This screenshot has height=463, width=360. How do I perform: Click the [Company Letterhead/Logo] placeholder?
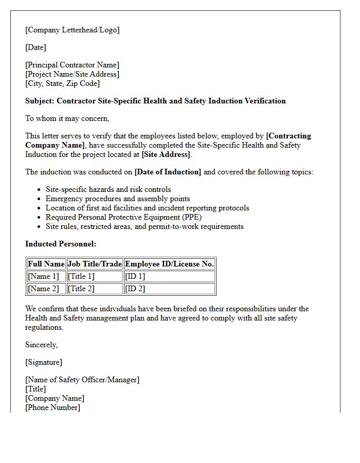point(72,30)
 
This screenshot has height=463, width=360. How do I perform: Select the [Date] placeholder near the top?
point(35,47)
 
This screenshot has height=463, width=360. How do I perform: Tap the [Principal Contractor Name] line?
point(72,65)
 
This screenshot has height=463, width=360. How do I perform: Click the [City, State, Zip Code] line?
point(62,83)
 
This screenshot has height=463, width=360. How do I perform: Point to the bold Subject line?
point(155,101)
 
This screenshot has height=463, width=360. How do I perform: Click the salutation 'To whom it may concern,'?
point(67,118)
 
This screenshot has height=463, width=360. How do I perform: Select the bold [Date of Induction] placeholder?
point(168,172)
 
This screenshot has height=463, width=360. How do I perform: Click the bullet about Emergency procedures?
point(118,199)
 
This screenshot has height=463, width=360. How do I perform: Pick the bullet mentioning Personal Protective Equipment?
point(123,217)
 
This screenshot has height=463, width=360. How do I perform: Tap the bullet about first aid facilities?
point(147,208)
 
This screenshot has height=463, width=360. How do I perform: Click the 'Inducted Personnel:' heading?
point(61,244)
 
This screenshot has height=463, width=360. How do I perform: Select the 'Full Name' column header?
point(46,264)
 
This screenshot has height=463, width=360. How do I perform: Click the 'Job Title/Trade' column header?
point(95,264)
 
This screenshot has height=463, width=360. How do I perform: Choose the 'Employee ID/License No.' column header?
point(169,264)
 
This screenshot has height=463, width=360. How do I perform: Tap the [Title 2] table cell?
point(81,289)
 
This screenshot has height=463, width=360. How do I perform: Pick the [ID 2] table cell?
point(135,289)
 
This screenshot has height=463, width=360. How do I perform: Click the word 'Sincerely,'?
point(42,345)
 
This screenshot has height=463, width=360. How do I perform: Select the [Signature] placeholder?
point(44,362)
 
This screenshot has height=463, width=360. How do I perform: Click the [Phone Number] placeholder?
point(52,407)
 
